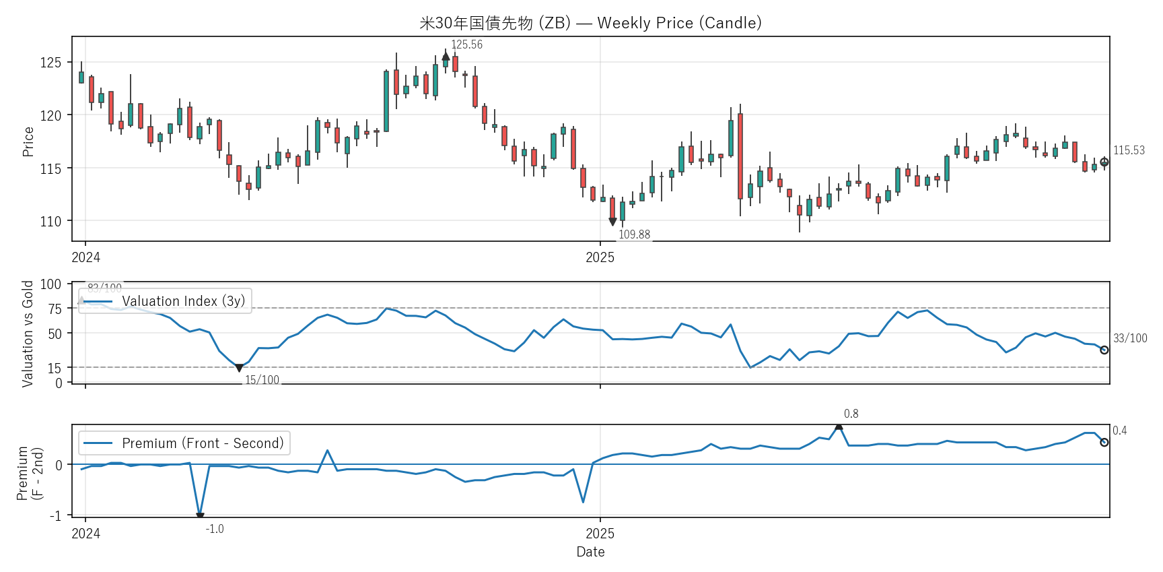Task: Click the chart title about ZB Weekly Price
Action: (590, 23)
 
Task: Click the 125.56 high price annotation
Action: (466, 44)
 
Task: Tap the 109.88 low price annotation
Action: (634, 234)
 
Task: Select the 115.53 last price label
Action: (1129, 150)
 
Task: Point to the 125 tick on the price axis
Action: (50, 63)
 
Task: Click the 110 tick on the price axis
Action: (50, 221)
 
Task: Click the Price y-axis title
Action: (28, 141)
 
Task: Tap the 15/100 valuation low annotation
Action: (262, 380)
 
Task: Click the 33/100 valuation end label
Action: (1130, 338)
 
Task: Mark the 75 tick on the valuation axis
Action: (55, 309)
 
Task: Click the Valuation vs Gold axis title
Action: (28, 333)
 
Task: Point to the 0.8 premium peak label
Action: (851, 414)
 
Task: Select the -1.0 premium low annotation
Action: (215, 529)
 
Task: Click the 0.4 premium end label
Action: (1119, 431)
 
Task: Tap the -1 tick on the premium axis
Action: (55, 515)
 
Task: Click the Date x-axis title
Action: (590, 552)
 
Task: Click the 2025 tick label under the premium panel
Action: (600, 534)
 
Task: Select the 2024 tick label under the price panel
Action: (85, 257)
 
